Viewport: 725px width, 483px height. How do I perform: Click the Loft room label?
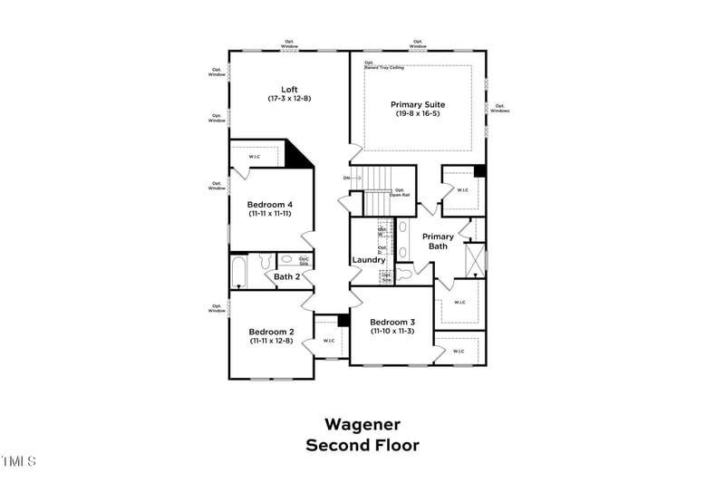tap(289, 89)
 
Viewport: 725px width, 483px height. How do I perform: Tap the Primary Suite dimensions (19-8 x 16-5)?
tap(418, 114)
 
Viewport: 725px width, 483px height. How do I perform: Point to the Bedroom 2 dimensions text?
tap(271, 342)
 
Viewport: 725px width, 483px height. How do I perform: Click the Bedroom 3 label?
tap(392, 323)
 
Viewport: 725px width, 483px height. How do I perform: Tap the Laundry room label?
tap(370, 261)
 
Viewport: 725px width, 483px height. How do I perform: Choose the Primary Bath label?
tap(438, 241)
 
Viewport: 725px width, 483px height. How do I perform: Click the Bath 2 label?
tap(286, 276)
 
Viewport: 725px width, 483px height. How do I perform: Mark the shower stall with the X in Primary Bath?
tap(474, 259)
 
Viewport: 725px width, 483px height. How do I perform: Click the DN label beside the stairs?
tap(347, 178)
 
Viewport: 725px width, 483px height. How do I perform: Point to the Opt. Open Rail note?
tap(399, 192)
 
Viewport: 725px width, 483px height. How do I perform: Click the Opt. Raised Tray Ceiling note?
tap(384, 65)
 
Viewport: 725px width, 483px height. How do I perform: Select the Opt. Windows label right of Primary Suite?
tap(500, 108)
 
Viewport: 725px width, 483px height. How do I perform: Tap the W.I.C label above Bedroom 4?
tap(255, 157)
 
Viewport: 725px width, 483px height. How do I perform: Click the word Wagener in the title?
tap(362, 424)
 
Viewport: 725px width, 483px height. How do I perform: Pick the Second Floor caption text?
tap(362, 445)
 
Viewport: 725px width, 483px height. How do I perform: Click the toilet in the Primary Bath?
tap(405, 269)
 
